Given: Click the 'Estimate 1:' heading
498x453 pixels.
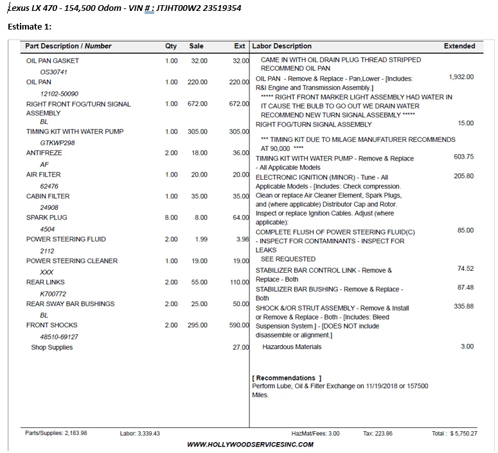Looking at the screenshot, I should click(x=29, y=26).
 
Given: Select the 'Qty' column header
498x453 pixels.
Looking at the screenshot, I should click(x=170, y=46).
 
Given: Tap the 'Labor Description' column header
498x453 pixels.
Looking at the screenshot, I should click(x=281, y=46).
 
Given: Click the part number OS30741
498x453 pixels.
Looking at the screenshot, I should click(x=53, y=72).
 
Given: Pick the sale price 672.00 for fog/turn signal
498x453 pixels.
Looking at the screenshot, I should click(x=197, y=104).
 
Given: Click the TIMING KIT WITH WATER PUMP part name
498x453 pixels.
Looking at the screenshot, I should click(x=75, y=132).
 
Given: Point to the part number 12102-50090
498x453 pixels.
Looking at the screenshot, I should click(x=59, y=94).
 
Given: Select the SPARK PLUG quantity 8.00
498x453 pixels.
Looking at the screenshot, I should click(x=171, y=218).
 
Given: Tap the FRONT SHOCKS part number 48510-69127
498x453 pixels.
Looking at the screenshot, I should click(x=59, y=337).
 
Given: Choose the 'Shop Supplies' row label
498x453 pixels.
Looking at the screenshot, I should click(x=52, y=347).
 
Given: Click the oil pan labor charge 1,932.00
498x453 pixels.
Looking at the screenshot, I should click(x=461, y=77).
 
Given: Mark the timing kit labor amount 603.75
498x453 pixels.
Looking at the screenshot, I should click(x=463, y=157).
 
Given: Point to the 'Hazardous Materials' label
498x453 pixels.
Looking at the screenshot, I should click(x=292, y=347).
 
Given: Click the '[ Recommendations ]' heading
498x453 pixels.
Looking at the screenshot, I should click(x=287, y=378).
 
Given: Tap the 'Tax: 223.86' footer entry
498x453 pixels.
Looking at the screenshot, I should click(x=377, y=434).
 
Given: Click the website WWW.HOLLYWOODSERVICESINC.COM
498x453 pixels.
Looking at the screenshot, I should click(x=250, y=444).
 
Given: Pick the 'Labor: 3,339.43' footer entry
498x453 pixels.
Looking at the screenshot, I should click(x=139, y=434).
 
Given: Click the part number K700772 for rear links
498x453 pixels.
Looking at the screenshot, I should click(x=53, y=294).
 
